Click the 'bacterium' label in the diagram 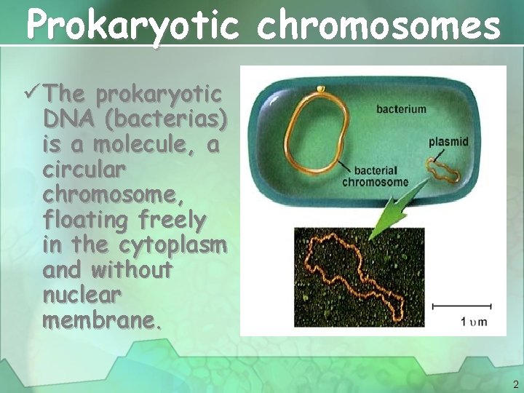401,109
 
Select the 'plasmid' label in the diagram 448,141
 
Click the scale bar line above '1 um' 463,306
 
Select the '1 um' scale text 474,322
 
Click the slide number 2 515,384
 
